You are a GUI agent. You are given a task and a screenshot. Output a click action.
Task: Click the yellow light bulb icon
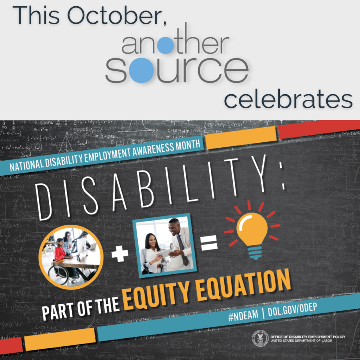pyautogui.click(x=252, y=232)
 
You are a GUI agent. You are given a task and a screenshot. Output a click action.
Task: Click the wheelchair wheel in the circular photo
pyautogui.click(x=58, y=275)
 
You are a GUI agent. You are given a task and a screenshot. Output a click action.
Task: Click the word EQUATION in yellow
pyautogui.click(x=235, y=285)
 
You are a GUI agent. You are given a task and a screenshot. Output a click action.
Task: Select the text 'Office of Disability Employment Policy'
pyautogui.click(x=308, y=337)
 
